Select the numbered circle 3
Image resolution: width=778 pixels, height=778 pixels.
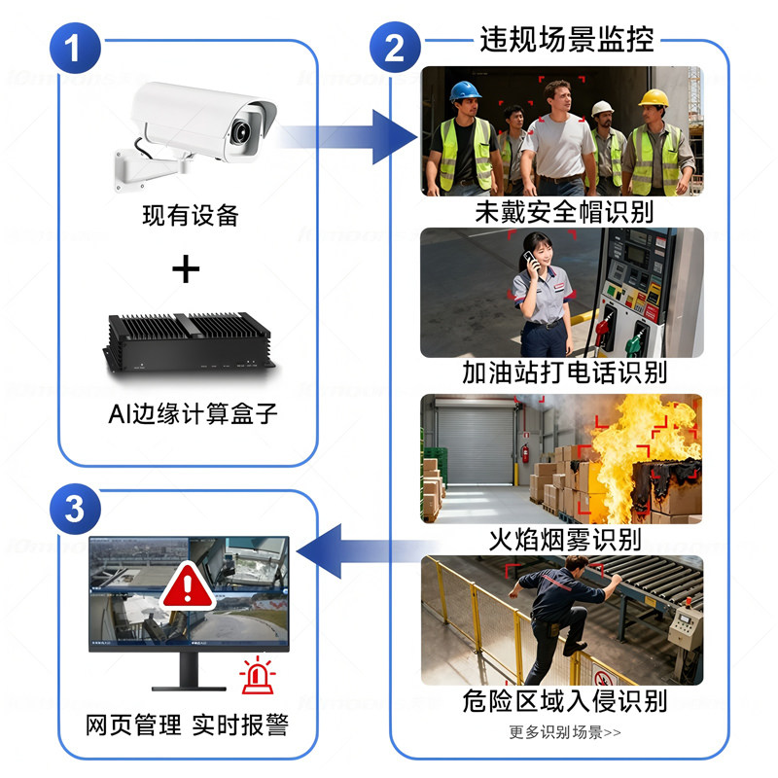[75, 509]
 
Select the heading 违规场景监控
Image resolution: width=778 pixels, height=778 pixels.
[567, 40]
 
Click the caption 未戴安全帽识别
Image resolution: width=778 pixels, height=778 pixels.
[563, 211]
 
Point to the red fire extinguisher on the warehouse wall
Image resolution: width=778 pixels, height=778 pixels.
[525, 452]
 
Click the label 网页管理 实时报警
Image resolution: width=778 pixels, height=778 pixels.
[187, 725]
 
